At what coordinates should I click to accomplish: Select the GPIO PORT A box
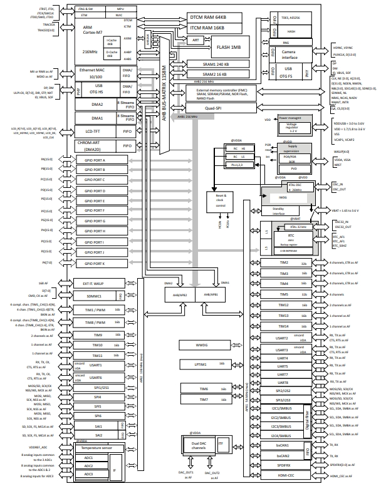(x=103, y=160)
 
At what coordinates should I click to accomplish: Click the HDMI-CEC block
(x=285, y=477)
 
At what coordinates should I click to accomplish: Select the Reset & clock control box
(x=221, y=200)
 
